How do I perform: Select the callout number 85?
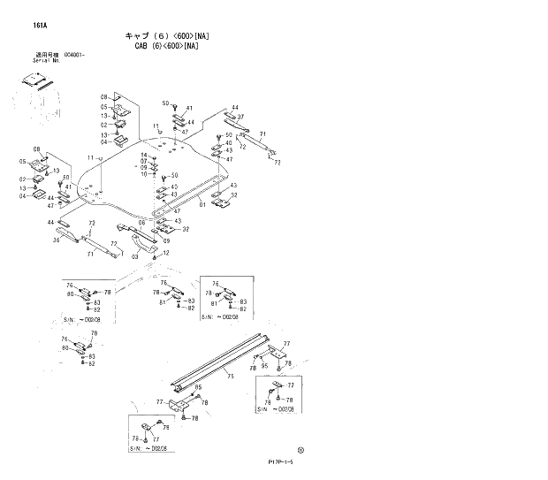(x=198, y=387)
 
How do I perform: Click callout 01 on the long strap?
(x=202, y=204)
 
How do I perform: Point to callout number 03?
(x=135, y=255)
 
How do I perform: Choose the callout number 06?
(x=141, y=223)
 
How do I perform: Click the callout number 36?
(x=57, y=240)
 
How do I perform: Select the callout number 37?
(x=240, y=117)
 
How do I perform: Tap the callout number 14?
(x=143, y=155)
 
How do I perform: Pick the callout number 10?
(x=143, y=174)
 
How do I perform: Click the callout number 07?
(x=143, y=161)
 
